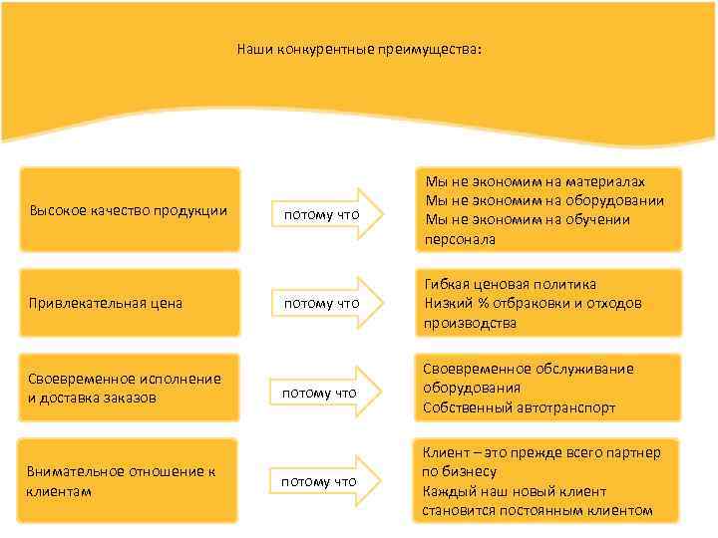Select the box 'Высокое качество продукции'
130,210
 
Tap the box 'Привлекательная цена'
130,302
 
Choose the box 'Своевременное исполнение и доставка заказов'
130,388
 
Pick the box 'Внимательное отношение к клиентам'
130,480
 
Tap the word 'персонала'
460,239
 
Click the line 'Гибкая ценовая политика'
510,284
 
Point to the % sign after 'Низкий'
478,303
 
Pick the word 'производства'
470,323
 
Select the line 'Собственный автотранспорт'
519,407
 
